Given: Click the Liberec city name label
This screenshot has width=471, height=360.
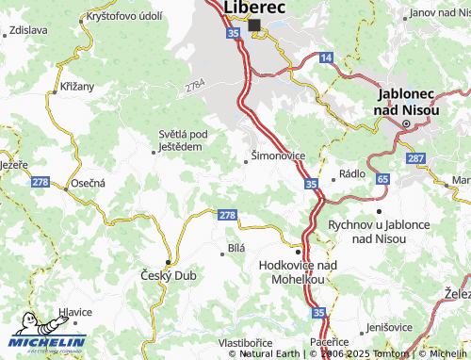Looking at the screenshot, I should click(253, 8).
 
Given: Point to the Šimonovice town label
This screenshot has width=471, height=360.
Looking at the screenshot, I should click(277, 156).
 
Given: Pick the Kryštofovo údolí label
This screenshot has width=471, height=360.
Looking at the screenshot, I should click(123, 17).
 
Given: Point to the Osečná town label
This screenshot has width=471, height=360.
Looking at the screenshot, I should click(86, 183).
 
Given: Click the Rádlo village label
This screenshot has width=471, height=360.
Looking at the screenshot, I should click(352, 174).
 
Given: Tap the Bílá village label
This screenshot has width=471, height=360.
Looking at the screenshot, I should click(235, 247).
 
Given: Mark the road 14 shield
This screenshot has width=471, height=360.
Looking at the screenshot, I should click(326, 58).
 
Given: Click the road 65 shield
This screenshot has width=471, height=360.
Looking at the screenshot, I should click(382, 177).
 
